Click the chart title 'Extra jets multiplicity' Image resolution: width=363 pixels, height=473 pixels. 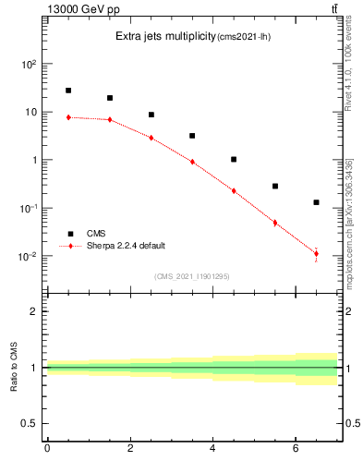pyautogui.click(x=164, y=37)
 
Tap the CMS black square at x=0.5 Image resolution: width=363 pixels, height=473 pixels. pyautogui.click(x=68, y=91)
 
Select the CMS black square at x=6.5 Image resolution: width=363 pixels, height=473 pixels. pyautogui.click(x=316, y=202)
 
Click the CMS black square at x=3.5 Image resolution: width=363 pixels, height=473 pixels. pyautogui.click(x=192, y=136)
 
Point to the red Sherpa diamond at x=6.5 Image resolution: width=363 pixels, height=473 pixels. pyautogui.click(x=316, y=254)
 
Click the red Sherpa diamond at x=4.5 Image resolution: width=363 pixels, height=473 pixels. pyautogui.click(x=234, y=191)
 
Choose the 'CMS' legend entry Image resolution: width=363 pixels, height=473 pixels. pyautogui.click(x=96, y=234)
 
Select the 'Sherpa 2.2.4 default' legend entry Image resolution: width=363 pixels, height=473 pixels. pyautogui.click(x=126, y=246)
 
